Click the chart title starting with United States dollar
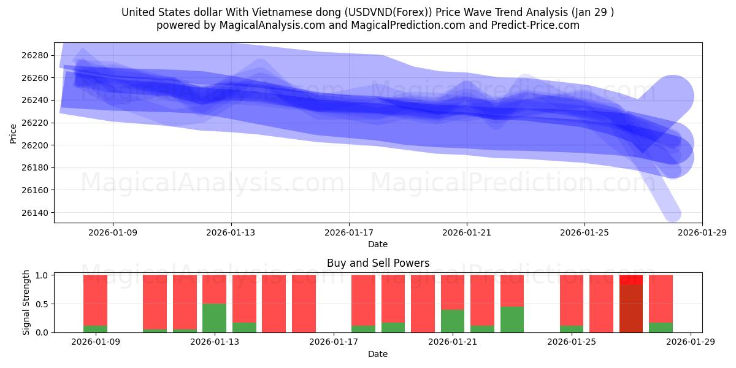(367, 12)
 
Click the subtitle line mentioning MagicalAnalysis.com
(367, 25)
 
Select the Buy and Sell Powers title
(378, 263)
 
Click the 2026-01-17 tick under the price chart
(348, 232)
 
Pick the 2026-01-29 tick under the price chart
(702, 232)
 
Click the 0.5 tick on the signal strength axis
(42, 304)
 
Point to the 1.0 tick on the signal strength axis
(42, 275)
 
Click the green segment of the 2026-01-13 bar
(214, 318)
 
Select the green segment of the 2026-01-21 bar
(452, 321)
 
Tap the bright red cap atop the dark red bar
(631, 280)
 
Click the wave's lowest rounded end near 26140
(672, 212)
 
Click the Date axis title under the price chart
(378, 244)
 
